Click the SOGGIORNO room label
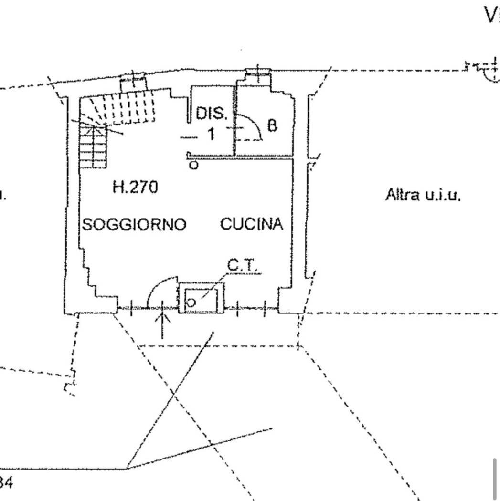coord(134,224)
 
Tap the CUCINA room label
coord(252,224)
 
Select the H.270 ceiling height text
coord(135,188)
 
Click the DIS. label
coord(212,114)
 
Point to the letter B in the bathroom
coord(271,126)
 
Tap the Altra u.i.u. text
coord(423,195)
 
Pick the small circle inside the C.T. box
coord(190,303)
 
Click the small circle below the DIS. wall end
coord(193,166)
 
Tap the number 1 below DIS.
coord(211,134)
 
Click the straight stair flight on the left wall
coord(93,146)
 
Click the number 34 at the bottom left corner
coord(6,482)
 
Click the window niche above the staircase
coord(132,82)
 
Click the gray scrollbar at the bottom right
coord(495,478)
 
